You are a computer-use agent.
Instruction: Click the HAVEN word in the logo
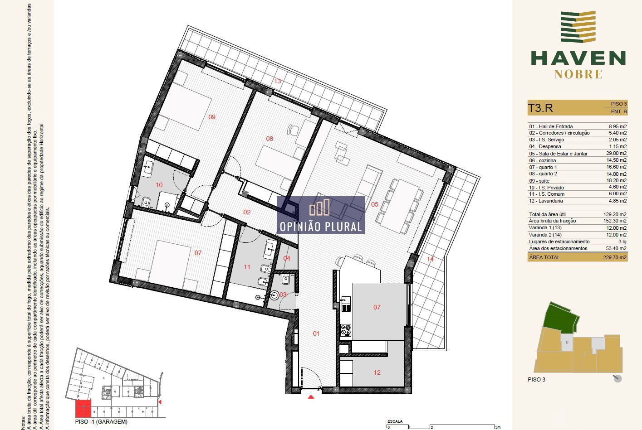click(x=578, y=58)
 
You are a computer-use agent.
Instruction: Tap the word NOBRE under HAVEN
click(x=578, y=74)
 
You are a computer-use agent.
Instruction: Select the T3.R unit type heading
click(x=540, y=108)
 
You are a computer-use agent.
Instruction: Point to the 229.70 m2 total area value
click(x=616, y=257)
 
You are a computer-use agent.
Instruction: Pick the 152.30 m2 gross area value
click(x=616, y=221)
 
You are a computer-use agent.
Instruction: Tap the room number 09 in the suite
click(x=212, y=117)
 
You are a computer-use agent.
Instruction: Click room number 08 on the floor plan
click(x=270, y=139)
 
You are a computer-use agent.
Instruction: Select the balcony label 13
click(x=277, y=82)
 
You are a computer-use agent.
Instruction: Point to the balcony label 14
click(x=430, y=259)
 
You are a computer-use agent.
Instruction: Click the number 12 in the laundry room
click(x=377, y=372)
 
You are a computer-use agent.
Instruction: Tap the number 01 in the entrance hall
click(x=316, y=333)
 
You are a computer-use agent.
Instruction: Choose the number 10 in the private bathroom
click(x=159, y=185)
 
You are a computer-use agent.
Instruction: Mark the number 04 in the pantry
click(x=287, y=258)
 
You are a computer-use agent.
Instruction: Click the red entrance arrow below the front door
click(x=311, y=397)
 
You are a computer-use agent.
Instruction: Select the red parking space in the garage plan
click(x=83, y=409)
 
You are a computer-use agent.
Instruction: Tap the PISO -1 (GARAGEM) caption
click(x=101, y=422)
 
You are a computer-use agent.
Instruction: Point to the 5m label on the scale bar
click(x=498, y=427)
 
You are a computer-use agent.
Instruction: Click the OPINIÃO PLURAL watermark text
click(x=321, y=227)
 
